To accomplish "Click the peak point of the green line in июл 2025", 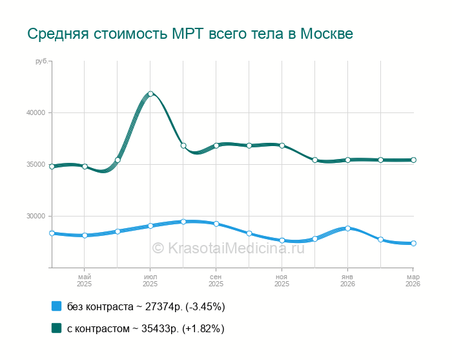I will [x=150, y=94].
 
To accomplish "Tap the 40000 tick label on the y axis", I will [x=36, y=112].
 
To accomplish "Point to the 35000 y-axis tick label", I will [x=36, y=164].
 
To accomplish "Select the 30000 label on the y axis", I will [x=36, y=216].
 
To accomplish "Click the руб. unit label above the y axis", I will [x=41, y=61].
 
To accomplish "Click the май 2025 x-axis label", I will [x=85, y=280].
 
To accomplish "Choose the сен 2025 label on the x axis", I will [x=216, y=280].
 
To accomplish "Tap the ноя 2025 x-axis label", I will [x=282, y=280].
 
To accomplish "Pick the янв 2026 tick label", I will [x=347, y=280].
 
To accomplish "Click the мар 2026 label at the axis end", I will [x=412, y=280].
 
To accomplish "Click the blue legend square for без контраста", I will [x=56, y=306].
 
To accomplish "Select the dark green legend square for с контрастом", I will [x=56, y=328].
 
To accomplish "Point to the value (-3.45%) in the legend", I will [x=204, y=306].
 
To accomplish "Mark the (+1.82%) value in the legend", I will [x=203, y=328].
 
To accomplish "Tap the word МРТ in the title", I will [x=188, y=34].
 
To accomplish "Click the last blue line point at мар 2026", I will [x=413, y=244].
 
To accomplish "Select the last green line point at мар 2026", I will [x=413, y=160].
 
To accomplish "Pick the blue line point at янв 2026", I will [x=347, y=228].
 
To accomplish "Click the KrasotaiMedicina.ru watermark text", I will [x=228, y=247].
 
